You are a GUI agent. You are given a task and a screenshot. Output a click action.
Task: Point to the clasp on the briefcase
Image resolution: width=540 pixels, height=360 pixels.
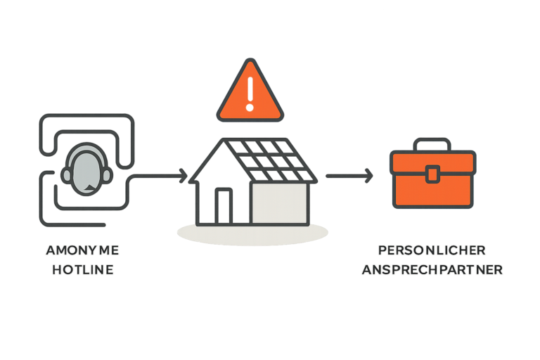[x=432, y=173]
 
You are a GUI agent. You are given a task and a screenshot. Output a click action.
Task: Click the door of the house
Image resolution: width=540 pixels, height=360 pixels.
[x=224, y=205]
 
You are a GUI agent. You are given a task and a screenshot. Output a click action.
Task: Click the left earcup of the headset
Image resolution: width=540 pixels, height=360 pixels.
[x=67, y=173]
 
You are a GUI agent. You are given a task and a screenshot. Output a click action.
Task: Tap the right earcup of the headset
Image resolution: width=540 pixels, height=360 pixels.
[x=106, y=173]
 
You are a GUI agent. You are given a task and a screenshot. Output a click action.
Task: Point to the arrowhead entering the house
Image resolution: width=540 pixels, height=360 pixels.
[x=184, y=173]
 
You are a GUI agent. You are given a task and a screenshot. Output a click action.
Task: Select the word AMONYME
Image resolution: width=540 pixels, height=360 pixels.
[x=82, y=250]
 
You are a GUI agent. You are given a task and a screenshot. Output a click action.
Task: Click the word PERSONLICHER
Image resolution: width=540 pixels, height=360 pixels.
[x=432, y=250]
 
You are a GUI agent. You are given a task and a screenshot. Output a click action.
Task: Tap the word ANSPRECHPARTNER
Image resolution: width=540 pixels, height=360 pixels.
[x=432, y=270]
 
